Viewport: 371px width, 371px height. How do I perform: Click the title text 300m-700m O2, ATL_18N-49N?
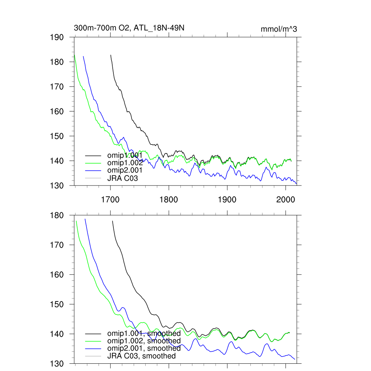pos(129,28)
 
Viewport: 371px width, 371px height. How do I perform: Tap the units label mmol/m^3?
pos(279,29)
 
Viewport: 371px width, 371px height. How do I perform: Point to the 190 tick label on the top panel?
pos(57,37)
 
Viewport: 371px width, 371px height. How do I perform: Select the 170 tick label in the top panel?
pos(57,87)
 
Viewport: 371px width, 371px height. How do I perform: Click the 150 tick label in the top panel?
pos(57,136)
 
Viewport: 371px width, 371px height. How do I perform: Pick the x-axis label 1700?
pos(111,199)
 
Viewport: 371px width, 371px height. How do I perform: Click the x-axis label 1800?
pos(169,199)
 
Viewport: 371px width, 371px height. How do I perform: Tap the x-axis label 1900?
pos(227,199)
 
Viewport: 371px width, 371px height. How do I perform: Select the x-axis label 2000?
pos(285,199)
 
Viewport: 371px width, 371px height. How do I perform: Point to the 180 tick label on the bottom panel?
pos(57,216)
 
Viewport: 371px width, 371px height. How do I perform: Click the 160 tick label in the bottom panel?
pos(57,275)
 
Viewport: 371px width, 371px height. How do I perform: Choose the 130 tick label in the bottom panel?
pos(57,364)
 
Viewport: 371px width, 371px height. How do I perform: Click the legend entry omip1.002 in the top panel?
pos(125,163)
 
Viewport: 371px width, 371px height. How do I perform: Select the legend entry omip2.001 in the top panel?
pos(125,170)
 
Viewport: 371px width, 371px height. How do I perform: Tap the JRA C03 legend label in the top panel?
pos(122,178)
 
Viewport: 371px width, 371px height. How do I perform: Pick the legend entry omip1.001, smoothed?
pos(144,333)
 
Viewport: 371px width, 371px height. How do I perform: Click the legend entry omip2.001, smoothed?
pos(144,349)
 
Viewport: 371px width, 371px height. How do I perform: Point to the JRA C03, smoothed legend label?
pos(141,356)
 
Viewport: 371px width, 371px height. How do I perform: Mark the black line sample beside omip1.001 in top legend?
pos(92,155)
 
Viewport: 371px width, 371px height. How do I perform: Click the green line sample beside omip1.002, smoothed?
pos(92,341)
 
